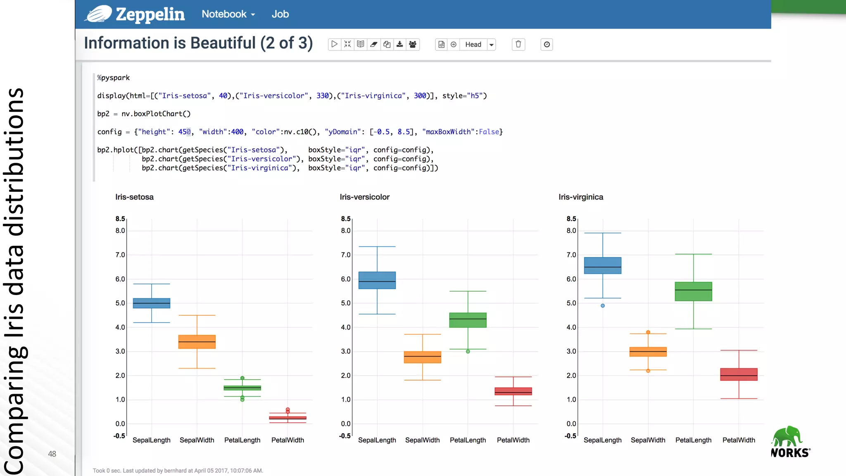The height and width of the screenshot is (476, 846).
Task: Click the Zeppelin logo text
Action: tap(150, 14)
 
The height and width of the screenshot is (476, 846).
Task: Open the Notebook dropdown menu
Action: tap(228, 14)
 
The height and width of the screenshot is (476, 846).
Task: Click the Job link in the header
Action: tap(280, 14)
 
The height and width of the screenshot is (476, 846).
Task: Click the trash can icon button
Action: tap(518, 44)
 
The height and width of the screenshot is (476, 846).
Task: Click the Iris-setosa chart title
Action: tap(134, 197)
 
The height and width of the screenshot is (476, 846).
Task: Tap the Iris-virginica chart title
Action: tap(581, 197)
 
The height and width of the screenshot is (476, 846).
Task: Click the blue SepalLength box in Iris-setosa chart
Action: tap(152, 303)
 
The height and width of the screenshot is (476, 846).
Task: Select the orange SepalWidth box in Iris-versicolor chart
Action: tap(422, 357)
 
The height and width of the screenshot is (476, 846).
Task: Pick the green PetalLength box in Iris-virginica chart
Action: tap(693, 291)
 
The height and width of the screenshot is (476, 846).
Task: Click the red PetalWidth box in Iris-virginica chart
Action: tap(739, 374)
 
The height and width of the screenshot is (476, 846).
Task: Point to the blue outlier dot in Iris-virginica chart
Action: tap(603, 306)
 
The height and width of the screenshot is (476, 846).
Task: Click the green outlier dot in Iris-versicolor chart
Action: tap(468, 352)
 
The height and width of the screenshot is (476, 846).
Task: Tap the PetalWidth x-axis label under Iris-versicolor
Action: tap(513, 440)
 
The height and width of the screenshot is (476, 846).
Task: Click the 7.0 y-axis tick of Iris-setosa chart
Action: tap(120, 255)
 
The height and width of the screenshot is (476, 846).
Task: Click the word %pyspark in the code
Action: tap(113, 78)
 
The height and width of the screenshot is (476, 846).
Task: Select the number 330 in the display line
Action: tap(322, 96)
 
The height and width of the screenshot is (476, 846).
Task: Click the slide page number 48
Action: tap(52, 454)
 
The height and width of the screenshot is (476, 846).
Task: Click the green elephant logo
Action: tap(787, 436)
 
